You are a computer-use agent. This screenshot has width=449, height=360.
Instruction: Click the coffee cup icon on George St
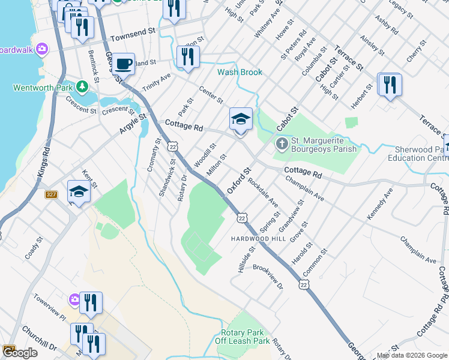pyautogui.click(x=124, y=63)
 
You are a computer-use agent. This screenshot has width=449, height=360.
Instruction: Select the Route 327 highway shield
pyautogui.click(x=51, y=194)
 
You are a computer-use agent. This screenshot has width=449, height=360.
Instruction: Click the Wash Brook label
pyautogui.click(x=240, y=72)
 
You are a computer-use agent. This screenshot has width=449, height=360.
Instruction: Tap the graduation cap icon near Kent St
pyautogui.click(x=79, y=191)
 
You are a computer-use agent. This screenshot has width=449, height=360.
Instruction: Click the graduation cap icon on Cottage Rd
pyautogui.click(x=241, y=119)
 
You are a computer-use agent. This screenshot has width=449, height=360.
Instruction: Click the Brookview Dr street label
pyautogui.click(x=268, y=277)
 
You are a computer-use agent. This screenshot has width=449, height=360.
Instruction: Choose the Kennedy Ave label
pyautogui.click(x=379, y=203)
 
